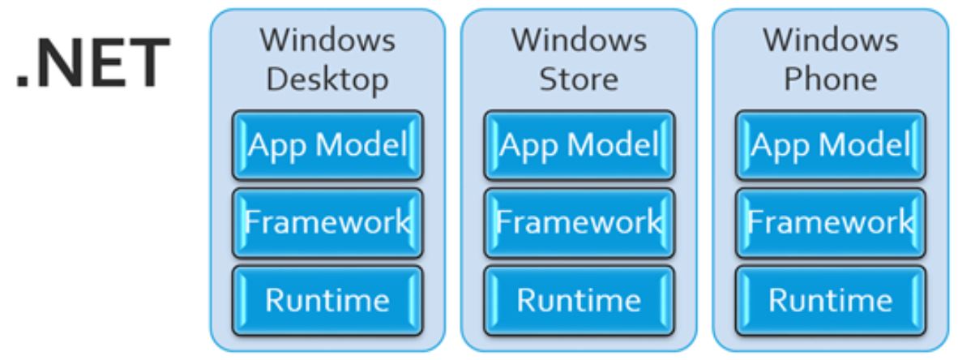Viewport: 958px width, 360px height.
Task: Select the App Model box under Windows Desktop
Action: (327, 146)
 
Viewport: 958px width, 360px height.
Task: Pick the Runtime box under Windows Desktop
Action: (327, 299)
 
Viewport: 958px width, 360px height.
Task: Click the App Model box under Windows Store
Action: (579, 146)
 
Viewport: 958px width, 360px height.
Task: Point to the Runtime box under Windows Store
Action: (579, 299)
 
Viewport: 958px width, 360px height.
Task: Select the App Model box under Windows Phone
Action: (830, 146)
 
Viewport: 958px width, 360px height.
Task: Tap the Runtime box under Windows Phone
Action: (830, 299)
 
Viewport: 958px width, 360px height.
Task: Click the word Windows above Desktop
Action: (327, 41)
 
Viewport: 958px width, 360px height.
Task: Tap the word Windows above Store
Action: (579, 41)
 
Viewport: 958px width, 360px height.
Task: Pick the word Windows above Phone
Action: (830, 41)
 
